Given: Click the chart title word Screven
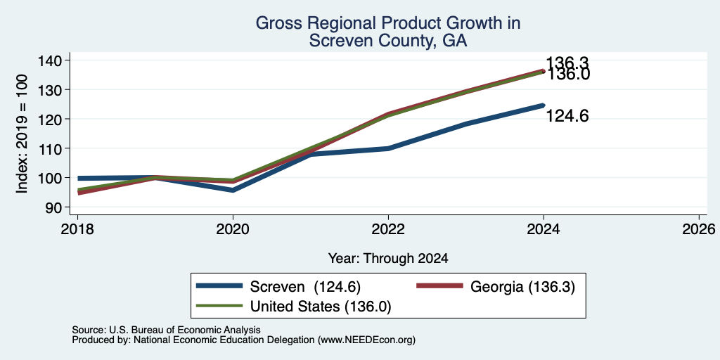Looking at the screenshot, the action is click(337, 41).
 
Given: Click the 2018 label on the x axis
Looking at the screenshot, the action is click(77, 229).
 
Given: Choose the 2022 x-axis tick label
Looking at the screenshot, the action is click(388, 229).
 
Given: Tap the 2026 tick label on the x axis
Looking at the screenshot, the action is click(699, 229).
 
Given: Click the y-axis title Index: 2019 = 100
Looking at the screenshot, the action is click(22, 134).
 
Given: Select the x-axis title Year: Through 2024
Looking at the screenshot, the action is click(388, 259).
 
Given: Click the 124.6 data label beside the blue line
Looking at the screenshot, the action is click(567, 117).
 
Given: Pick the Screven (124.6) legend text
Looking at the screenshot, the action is click(305, 287).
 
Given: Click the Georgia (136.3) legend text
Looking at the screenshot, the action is click(522, 287).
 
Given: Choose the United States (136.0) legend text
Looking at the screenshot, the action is click(320, 307).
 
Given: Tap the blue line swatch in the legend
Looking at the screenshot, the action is click(219, 286).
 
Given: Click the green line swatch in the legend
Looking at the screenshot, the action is click(219, 305).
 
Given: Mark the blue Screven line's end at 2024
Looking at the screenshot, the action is click(544, 105).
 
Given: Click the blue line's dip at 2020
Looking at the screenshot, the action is click(233, 190).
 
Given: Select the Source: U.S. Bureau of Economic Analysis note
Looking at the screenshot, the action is click(166, 330).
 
